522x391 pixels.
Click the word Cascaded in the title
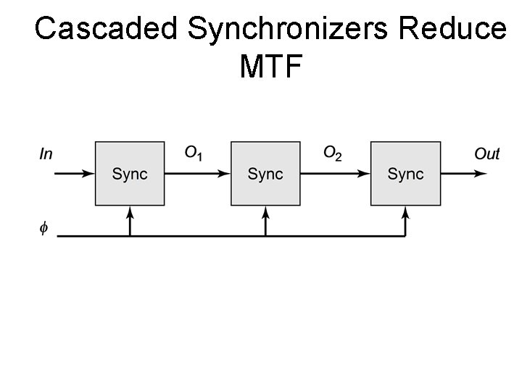[107, 29]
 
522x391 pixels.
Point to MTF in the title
[270, 67]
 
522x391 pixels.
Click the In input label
[46, 154]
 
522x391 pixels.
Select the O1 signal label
[194, 153]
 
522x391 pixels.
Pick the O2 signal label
[332, 153]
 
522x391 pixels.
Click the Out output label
[486, 154]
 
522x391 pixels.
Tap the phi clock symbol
[44, 229]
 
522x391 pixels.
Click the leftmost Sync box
[130, 174]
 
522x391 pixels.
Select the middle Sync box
[265, 174]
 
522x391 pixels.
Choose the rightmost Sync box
[405, 174]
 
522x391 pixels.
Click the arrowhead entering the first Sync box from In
[88, 174]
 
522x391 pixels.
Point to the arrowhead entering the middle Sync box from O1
[224, 174]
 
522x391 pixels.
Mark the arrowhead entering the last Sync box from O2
[364, 174]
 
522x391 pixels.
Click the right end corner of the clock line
[405, 236]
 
